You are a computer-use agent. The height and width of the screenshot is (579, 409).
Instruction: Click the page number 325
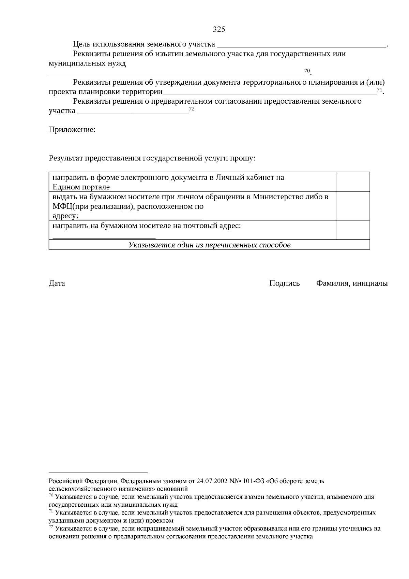[x=219, y=29]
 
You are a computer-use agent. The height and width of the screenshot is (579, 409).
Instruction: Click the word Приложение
[x=72, y=130]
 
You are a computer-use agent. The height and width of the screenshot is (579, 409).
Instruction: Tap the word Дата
[x=57, y=283]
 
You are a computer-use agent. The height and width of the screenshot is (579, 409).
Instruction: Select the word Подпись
[x=285, y=283]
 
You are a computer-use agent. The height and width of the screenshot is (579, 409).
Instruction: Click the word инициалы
[x=370, y=283]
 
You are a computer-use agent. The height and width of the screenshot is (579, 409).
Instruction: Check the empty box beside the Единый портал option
[x=353, y=182]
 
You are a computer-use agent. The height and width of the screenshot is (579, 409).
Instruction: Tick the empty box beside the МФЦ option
[x=353, y=206]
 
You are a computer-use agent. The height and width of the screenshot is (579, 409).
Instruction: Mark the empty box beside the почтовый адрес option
[x=353, y=230]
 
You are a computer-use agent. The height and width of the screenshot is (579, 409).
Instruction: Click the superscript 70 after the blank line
[x=307, y=71]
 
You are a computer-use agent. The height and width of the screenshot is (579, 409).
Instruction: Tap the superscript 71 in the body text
[x=380, y=90]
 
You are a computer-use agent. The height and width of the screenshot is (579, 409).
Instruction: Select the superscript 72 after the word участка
[x=192, y=109]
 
